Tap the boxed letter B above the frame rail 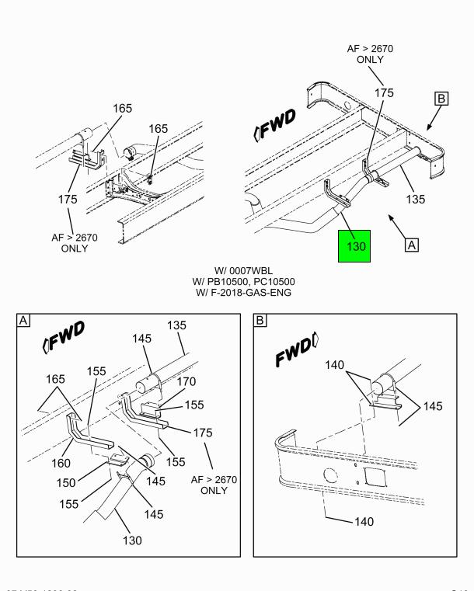441,99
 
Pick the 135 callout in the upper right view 416,199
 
